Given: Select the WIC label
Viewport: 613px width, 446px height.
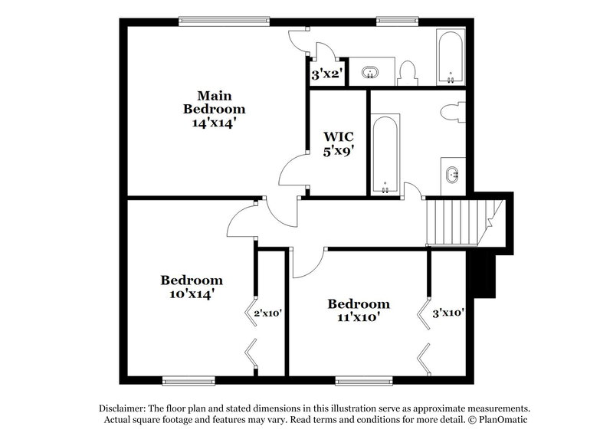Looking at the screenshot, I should pyautogui.click(x=337, y=137).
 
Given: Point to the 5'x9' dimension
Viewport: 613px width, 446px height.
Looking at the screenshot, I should pyautogui.click(x=337, y=151).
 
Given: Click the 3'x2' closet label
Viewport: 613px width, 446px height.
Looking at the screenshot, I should pyautogui.click(x=326, y=75).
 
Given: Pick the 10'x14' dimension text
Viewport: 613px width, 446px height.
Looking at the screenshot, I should pyautogui.click(x=192, y=293).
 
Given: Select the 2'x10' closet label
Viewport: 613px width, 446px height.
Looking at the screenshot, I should pyautogui.click(x=269, y=313).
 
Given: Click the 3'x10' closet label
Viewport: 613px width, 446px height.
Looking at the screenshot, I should pyautogui.click(x=448, y=313).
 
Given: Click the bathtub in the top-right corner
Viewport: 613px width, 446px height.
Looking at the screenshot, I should pyautogui.click(x=449, y=57).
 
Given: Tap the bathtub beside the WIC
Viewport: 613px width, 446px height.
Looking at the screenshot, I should pyautogui.click(x=385, y=153).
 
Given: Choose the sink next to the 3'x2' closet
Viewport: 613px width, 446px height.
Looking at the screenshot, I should pyautogui.click(x=371, y=73).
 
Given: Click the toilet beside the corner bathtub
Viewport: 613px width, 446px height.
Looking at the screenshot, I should pyautogui.click(x=408, y=73).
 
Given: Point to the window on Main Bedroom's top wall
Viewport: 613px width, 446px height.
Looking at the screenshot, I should pyautogui.click(x=224, y=21).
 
